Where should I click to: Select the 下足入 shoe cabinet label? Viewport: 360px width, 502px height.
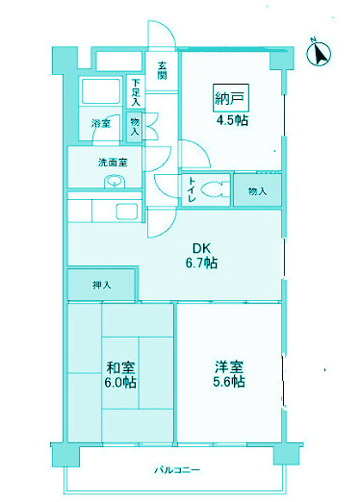(x=136, y=91)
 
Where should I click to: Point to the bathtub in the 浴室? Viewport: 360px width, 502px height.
(x=99, y=94)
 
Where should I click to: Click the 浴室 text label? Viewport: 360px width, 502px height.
(x=101, y=124)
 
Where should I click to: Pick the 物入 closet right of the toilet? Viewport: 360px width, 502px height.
(x=257, y=190)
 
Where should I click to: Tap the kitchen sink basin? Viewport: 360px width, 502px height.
(x=126, y=213)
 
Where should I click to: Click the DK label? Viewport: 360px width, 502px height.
(x=201, y=246)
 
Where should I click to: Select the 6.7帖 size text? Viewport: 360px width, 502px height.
(x=201, y=263)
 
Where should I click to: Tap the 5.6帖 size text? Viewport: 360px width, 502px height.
(x=228, y=382)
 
